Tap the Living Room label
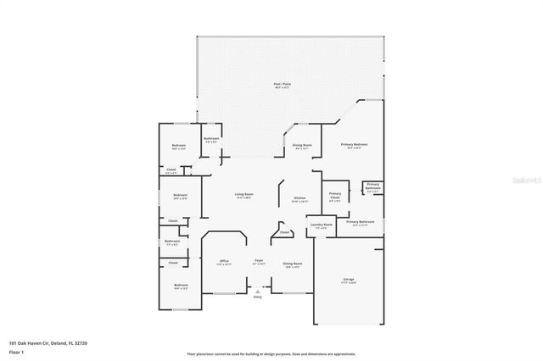point(244,195)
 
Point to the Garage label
point(348,280)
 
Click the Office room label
point(224,261)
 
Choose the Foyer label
point(259,261)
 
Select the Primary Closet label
point(335,196)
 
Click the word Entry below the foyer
point(258,297)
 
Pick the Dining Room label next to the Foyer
point(291,264)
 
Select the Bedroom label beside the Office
point(180,286)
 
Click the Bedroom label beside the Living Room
point(180,196)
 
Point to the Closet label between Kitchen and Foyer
point(284,232)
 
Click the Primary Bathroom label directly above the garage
point(360,222)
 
